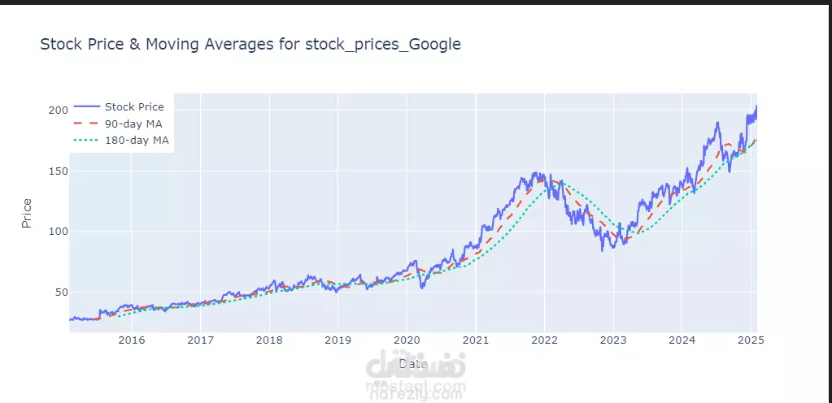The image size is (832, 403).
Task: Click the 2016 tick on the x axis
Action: coord(132,340)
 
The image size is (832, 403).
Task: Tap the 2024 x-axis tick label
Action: coord(682,340)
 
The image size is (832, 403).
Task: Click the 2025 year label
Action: coord(751,340)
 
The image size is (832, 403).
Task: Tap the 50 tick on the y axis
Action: coord(59,292)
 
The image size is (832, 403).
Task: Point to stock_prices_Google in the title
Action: coord(382,45)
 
